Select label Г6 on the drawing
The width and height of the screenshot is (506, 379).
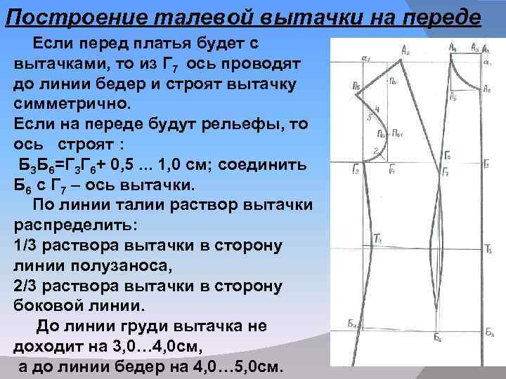[x=448, y=156]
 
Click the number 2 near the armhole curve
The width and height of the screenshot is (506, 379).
[x=377, y=149]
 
